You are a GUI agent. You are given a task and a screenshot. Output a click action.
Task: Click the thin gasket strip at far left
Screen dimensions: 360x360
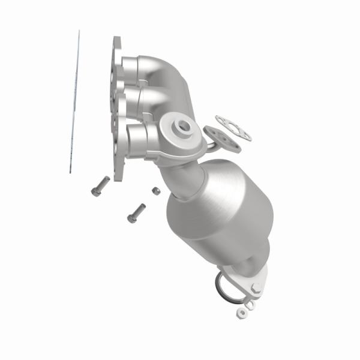click(x=74, y=102)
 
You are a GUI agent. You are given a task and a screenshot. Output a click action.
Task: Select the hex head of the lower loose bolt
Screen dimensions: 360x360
click(x=131, y=216)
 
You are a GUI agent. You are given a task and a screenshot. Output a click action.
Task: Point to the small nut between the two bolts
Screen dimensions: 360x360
click(x=154, y=191)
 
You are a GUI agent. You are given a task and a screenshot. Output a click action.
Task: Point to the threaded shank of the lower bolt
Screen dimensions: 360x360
click(x=140, y=209)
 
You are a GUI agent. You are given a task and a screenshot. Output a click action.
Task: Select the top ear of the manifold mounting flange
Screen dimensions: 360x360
click(x=116, y=43)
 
